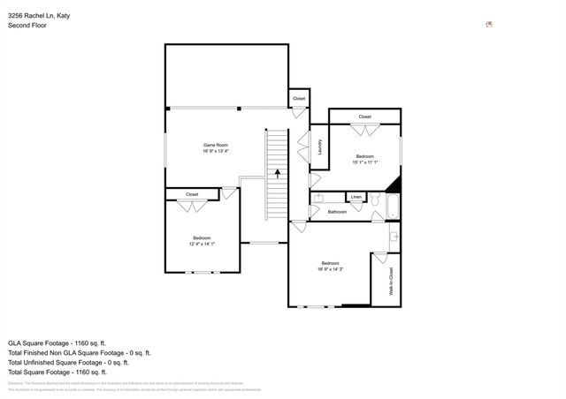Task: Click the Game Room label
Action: pyautogui.click(x=216, y=145)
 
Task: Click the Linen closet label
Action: pyautogui.click(x=356, y=197)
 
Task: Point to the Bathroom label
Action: pyautogui.click(x=337, y=212)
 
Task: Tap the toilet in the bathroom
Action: pyautogui.click(x=375, y=201)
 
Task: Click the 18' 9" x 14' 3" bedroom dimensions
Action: pyautogui.click(x=330, y=268)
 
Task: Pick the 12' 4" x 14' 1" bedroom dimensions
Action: pyautogui.click(x=203, y=244)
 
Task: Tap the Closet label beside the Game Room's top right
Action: pyautogui.click(x=299, y=99)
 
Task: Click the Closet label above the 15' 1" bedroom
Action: pyautogui.click(x=364, y=117)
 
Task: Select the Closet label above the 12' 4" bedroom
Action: pyautogui.click(x=192, y=194)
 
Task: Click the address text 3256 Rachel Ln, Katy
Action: pyautogui.click(x=40, y=15)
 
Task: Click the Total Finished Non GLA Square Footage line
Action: pyautogui.click(x=87, y=351)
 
